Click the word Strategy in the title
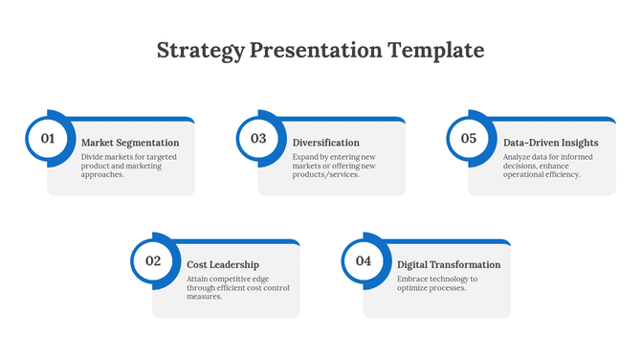pos(199,50)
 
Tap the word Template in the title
pos(437,50)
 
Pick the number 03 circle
pos(258,138)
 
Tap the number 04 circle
pos(364,260)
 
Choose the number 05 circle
pos(469,138)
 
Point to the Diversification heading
pos(325,143)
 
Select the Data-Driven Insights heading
pos(550,143)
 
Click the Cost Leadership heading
pos(222,264)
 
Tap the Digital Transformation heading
pos(449,264)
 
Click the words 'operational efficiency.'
pos(542,174)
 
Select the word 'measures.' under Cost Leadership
pos(205,297)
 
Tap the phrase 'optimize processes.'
pos(431,287)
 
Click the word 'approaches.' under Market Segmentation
pos(102,174)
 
